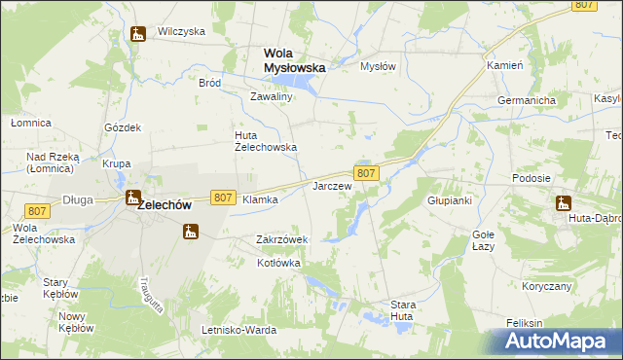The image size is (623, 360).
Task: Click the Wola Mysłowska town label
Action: pos(294,60)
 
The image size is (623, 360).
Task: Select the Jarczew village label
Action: pos(331,185)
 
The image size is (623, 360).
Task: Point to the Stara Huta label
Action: pos(403,310)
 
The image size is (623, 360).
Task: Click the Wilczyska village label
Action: pos(181,31)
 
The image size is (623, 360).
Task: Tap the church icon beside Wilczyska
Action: pos(138,35)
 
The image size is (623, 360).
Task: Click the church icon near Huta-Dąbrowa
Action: pos(563,203)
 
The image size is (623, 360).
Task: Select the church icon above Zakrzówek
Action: pos(191,232)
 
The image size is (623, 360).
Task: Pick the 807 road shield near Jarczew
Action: pos(366,173)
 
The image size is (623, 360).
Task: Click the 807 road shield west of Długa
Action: pos(37,211)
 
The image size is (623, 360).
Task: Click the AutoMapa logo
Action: pos(559,342)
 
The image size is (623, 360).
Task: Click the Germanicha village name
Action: pos(526,100)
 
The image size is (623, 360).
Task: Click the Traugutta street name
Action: pos(142,290)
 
